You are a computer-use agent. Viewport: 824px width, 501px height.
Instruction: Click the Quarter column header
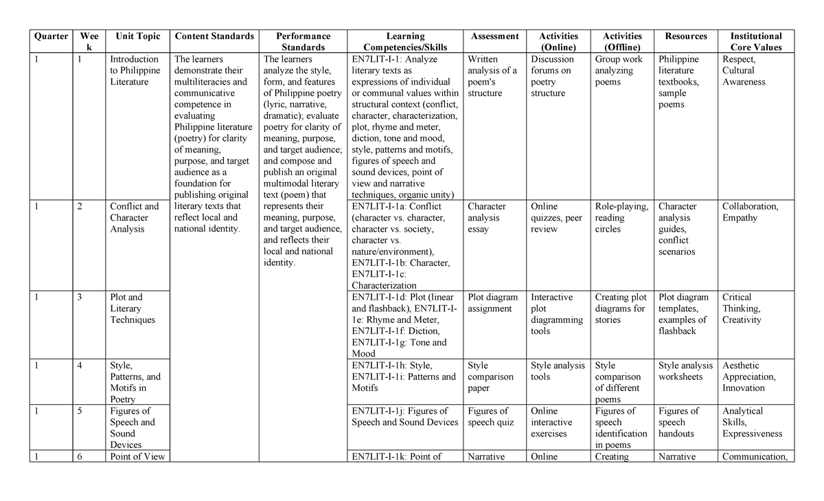click(x=51, y=36)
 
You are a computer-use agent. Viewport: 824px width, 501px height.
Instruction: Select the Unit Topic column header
click(x=138, y=36)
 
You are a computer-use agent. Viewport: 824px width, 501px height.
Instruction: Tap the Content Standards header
click(x=214, y=36)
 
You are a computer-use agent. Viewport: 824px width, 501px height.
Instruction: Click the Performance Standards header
click(x=303, y=41)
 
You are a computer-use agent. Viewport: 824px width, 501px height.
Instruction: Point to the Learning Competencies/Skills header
click(x=405, y=41)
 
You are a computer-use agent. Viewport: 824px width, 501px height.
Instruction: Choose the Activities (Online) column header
click(x=558, y=41)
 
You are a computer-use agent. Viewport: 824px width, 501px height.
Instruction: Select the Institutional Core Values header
click(x=755, y=41)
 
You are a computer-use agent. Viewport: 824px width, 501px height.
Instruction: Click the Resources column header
click(x=686, y=36)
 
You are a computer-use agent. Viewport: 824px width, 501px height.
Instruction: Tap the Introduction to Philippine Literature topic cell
click(x=135, y=70)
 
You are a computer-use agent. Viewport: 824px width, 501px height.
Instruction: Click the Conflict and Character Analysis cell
click(x=134, y=217)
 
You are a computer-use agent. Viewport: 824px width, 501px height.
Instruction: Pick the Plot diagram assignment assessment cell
click(x=492, y=303)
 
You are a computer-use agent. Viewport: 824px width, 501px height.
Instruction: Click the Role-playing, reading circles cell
click(x=621, y=217)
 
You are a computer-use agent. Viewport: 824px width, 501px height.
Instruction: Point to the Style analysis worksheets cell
click(x=685, y=371)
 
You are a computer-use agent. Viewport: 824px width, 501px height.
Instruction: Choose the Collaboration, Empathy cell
click(x=750, y=212)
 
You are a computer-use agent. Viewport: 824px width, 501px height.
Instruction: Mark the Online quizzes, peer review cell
click(x=556, y=217)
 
